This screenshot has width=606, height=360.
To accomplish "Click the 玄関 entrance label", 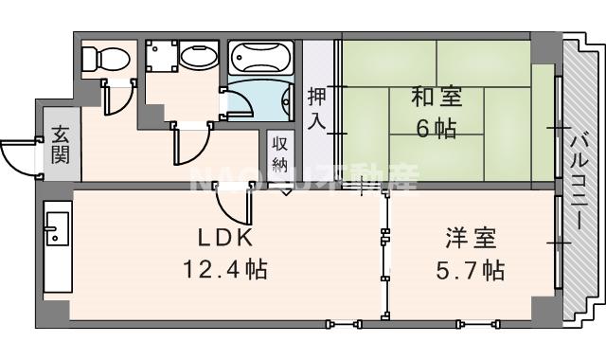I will tap(61, 143).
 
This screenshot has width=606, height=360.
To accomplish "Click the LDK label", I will tap(223, 237).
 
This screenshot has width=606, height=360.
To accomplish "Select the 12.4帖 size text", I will tap(224, 270).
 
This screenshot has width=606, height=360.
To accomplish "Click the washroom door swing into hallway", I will tap(189, 147).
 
